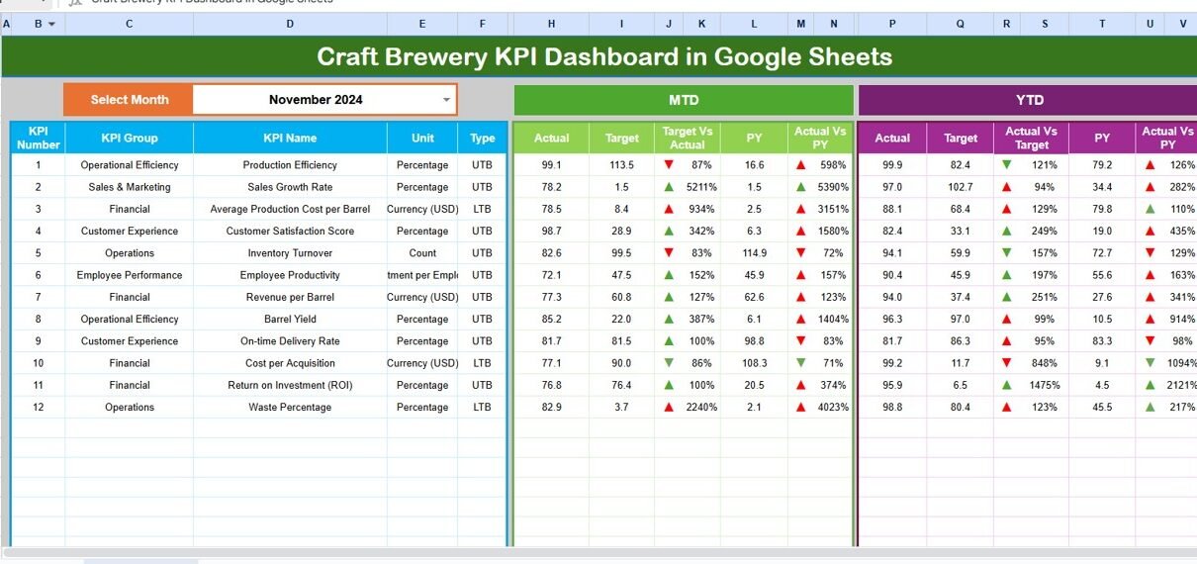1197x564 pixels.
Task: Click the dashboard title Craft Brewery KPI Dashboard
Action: tap(603, 57)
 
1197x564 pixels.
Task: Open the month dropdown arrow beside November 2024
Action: tap(446, 100)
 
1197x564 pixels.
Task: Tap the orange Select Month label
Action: tap(129, 100)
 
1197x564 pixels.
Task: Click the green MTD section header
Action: tap(683, 100)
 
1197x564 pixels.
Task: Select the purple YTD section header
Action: tap(1029, 100)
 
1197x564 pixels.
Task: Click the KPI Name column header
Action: tap(290, 139)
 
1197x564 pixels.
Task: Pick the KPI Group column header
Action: tap(129, 139)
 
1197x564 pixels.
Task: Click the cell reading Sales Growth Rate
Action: tap(290, 187)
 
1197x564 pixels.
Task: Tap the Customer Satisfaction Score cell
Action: tap(290, 232)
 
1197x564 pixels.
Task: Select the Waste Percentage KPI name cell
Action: tap(290, 408)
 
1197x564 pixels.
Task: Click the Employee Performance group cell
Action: tap(130, 275)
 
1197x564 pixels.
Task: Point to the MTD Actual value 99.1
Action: tap(551, 165)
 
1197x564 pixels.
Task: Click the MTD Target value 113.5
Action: tap(621, 165)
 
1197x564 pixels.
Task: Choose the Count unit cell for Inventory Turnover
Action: tap(422, 253)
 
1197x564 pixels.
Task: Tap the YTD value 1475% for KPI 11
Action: tap(1042, 386)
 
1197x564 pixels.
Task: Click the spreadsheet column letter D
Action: tap(289, 24)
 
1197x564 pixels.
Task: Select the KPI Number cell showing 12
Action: tap(38, 408)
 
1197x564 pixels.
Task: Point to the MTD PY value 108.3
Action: tap(754, 363)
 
